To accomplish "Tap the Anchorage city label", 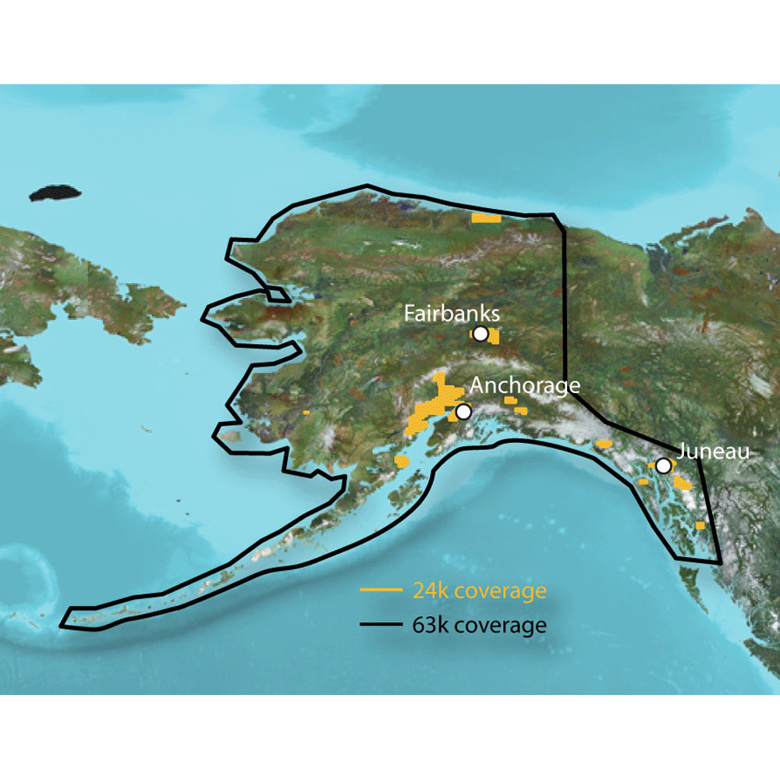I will point(525,385).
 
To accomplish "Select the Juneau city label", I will point(713,451).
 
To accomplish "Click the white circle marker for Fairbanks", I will point(480,334).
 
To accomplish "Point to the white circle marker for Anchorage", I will point(463,411).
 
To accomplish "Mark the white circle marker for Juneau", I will point(662,466).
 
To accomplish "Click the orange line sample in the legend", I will point(381,590).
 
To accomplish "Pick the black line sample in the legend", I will point(381,626).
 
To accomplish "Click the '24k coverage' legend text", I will point(478,590).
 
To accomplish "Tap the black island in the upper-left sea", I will point(57,193).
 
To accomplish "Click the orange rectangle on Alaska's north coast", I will point(486,218).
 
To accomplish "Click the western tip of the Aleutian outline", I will point(69,617).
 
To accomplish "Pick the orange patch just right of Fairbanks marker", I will point(494,338).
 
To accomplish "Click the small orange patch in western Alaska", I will point(307,411).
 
